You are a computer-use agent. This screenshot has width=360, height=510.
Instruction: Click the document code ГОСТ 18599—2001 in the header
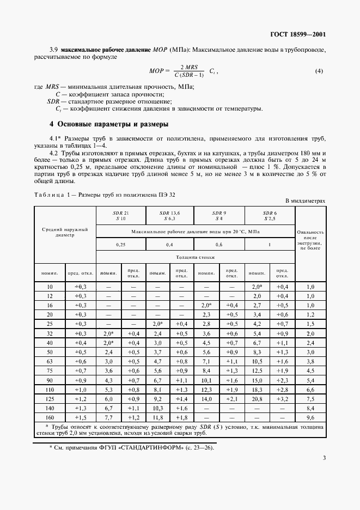298,34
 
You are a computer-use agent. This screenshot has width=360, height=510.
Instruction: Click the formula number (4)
319,71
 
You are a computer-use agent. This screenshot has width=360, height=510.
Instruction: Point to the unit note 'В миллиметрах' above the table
306,201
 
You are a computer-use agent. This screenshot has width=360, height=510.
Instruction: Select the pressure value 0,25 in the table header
120,245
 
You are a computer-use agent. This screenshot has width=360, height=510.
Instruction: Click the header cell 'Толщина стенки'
195,256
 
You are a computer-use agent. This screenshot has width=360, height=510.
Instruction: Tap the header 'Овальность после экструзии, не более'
310,240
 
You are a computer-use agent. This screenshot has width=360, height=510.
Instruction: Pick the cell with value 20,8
257,399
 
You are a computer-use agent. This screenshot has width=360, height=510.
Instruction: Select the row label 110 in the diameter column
50,390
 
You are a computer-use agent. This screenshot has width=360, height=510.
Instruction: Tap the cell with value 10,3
157,408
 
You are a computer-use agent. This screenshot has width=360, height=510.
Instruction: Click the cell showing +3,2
282,399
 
